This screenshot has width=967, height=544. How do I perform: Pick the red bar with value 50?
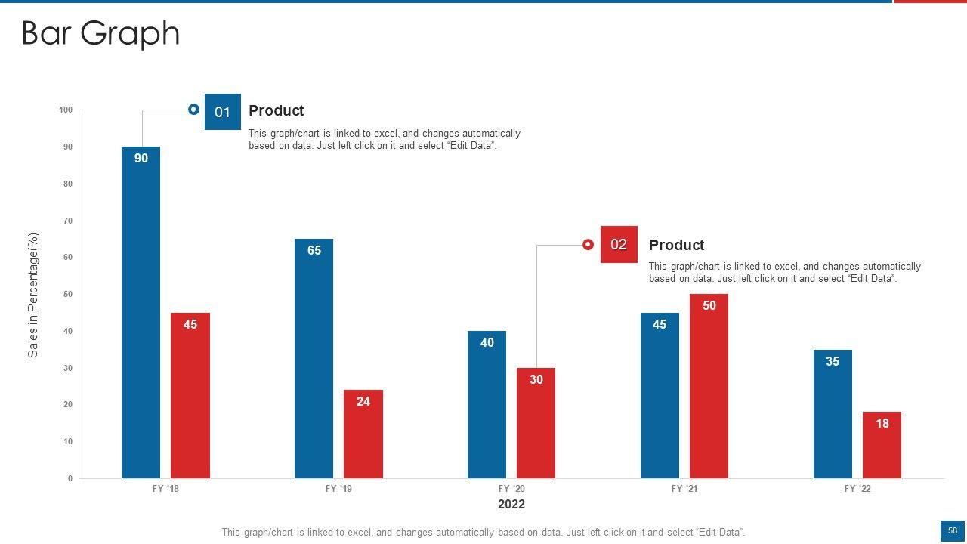coord(709,385)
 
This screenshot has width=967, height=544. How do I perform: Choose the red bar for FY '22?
coord(882,445)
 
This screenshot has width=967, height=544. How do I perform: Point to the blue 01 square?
coord(222,112)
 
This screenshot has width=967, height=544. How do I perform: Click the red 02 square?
coord(619,244)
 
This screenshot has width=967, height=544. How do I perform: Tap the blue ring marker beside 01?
coord(193,110)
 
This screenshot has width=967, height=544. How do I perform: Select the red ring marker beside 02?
coord(588,244)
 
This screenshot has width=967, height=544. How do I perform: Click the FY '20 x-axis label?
coord(511,489)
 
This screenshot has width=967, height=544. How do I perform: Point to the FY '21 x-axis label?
coord(684,489)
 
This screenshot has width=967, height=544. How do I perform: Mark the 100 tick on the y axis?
coord(66,110)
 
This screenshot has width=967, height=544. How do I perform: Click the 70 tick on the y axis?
coord(68,221)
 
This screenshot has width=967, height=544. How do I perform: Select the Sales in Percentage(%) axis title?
coord(32,295)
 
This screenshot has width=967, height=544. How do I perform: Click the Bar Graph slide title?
coord(100,34)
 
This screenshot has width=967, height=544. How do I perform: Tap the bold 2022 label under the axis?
coord(511,504)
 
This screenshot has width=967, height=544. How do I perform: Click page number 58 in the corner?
coord(953,531)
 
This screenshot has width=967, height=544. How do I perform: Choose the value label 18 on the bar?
coord(882,424)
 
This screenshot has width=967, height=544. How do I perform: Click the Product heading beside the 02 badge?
coord(676,245)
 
